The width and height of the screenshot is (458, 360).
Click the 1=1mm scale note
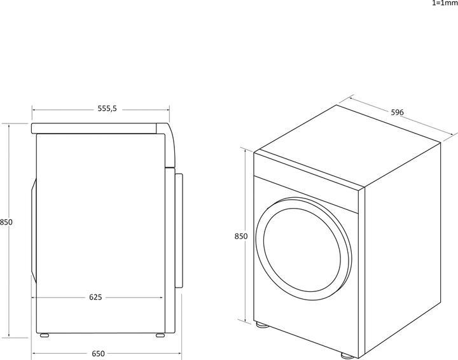pos(444,3)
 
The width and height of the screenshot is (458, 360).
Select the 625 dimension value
pos(95,297)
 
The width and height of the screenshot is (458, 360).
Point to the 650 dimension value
pos(97,354)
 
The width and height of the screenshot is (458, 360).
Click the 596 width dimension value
pos(397,113)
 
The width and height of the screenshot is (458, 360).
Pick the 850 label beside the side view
pos(6,223)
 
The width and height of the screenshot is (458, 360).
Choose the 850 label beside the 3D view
pos(240,236)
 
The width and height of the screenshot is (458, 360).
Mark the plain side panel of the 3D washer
pos(401,254)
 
